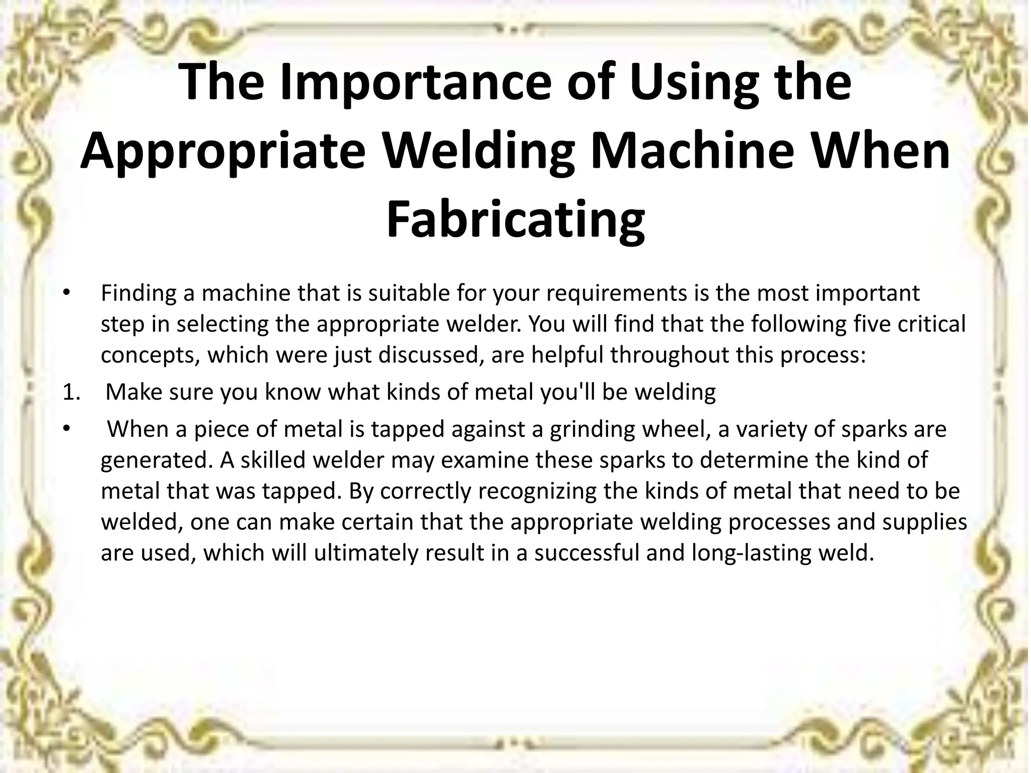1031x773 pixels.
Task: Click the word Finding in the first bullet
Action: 137,293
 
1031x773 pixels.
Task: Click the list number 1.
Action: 70,392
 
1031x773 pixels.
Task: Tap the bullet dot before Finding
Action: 65,293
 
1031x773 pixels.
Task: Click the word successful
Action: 585,553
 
